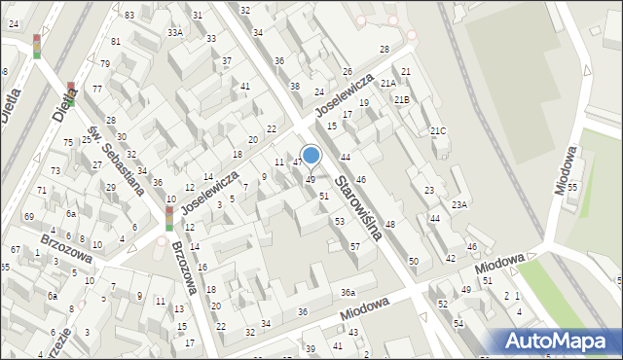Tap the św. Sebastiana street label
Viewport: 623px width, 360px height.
point(115,160)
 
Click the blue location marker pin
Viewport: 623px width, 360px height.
point(311,156)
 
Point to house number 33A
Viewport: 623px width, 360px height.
point(174,32)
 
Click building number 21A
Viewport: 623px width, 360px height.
point(387,84)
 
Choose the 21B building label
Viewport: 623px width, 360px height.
point(402,99)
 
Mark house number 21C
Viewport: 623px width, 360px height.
point(438,131)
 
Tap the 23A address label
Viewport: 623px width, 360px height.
point(459,204)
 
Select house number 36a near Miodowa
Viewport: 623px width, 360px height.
point(348,293)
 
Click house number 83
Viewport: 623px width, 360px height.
point(129,16)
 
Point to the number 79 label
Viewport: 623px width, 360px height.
point(104,63)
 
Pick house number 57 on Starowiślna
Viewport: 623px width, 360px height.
point(355,247)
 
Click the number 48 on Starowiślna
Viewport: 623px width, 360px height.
point(389,225)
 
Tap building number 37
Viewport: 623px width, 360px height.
point(227,61)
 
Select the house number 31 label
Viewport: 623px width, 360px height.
point(198,15)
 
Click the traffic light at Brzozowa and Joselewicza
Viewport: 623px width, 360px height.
point(169,217)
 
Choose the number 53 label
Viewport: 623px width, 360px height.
point(339,222)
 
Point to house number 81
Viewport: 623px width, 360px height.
point(116,41)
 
